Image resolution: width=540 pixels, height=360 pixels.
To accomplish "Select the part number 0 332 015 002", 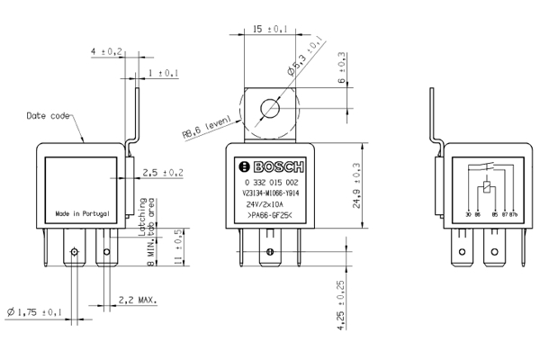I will (x=270, y=183).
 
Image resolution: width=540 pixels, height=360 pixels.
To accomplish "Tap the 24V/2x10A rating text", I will (x=269, y=203).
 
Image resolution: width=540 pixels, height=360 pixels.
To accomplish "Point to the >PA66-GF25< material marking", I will (x=269, y=215).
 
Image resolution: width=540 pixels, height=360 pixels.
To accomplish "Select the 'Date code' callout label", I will (x=47, y=115).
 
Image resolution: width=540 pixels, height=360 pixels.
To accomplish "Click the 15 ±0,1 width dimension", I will (x=270, y=30).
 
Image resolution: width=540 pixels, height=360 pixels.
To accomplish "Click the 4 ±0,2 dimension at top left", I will (x=106, y=52).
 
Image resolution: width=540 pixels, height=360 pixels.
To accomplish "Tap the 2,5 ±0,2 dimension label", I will (x=162, y=172).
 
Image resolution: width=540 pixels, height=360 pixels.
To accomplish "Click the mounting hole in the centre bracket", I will (x=269, y=111).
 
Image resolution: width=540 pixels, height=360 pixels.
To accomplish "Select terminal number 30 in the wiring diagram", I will (x=468, y=213).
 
